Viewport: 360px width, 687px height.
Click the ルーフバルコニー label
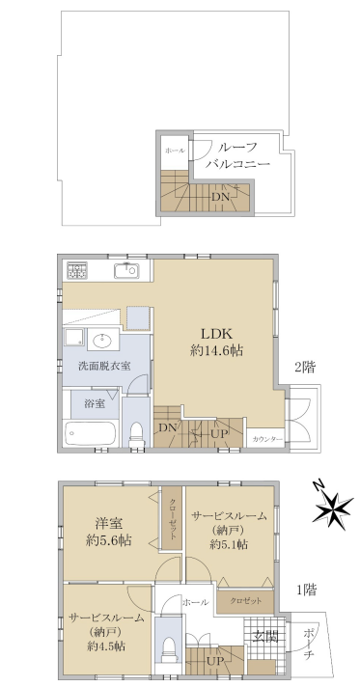237,155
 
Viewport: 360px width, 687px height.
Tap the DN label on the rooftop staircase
221,197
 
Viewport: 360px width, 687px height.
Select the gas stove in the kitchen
77,270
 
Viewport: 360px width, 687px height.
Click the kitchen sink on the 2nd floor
127,271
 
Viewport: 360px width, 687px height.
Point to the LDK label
216,334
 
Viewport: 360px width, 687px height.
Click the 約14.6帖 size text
217,350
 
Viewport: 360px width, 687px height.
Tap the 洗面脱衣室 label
104,366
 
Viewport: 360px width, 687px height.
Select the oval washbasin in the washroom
103,340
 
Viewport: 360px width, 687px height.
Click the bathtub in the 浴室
91,433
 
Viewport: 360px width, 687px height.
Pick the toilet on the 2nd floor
136,433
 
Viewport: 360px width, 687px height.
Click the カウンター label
266,439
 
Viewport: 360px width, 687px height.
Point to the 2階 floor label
304,368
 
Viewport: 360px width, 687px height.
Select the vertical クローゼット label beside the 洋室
173,519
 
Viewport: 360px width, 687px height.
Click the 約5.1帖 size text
229,544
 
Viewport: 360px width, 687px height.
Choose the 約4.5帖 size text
107,646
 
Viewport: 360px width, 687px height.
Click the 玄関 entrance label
265,636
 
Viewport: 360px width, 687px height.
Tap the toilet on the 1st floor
168,651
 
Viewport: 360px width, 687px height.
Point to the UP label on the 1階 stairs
218,661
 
